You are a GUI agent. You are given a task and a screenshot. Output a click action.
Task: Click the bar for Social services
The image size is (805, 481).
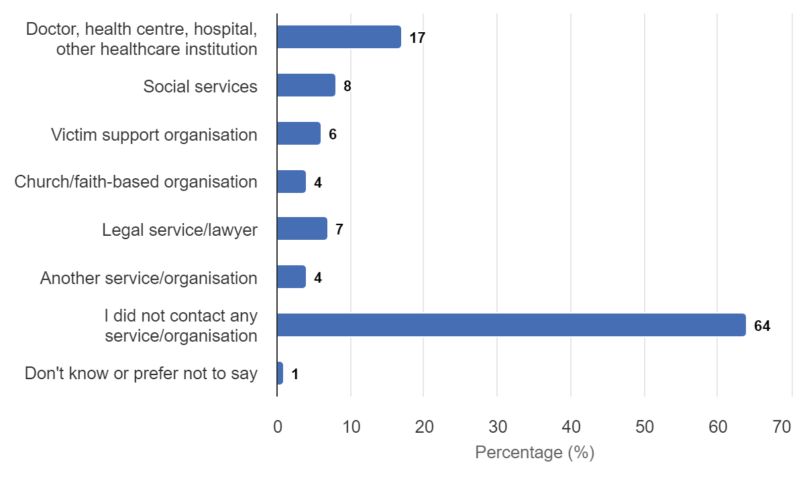click(306, 85)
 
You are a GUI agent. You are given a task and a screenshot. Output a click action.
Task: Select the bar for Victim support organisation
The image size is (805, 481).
click(299, 133)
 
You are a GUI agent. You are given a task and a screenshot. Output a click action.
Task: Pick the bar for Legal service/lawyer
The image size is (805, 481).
click(302, 228)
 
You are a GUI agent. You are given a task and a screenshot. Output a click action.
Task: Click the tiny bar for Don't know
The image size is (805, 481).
click(280, 373)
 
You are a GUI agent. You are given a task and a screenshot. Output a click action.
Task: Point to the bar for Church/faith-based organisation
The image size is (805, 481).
click(291, 182)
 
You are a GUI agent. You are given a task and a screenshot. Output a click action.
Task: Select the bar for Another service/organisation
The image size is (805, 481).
click(291, 277)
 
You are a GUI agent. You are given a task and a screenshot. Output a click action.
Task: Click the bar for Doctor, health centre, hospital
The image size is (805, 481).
click(339, 37)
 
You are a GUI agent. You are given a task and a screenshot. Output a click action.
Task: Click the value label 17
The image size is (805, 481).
click(417, 38)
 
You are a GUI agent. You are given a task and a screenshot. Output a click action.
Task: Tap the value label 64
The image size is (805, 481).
click(762, 326)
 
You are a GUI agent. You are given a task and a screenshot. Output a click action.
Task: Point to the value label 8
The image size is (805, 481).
click(347, 86)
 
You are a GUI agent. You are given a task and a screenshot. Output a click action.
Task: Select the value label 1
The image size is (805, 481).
click(295, 374)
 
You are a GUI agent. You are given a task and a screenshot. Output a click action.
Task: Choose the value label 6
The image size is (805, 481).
click(333, 135)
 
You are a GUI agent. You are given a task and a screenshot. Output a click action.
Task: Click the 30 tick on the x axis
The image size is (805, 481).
click(497, 427)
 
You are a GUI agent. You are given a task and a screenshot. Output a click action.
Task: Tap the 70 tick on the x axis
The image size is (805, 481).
click(782, 427)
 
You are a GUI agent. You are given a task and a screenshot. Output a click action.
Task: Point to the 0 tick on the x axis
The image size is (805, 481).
click(277, 427)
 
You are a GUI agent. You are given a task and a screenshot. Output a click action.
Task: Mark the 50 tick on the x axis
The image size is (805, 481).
click(644, 427)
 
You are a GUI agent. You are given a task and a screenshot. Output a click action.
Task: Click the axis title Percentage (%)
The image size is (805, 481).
click(534, 453)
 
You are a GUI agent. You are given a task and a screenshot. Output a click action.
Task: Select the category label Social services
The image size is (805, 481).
click(200, 86)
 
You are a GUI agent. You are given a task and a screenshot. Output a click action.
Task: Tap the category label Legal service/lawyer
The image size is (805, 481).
click(180, 230)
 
